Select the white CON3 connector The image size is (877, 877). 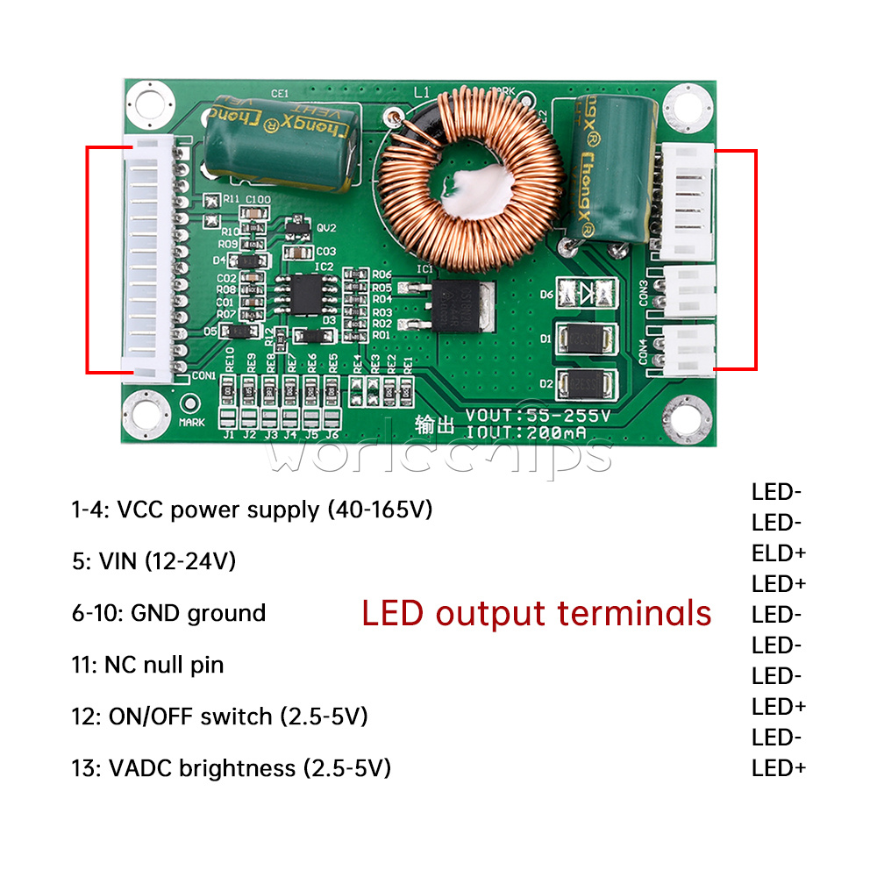tap(690, 289)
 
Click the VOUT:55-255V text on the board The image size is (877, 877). tap(538, 415)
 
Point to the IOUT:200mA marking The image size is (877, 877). tap(526, 431)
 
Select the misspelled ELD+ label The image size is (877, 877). tap(778, 553)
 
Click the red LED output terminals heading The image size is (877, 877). tap(537, 613)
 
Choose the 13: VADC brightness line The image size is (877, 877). tap(231, 768)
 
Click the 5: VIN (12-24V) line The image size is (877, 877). tap(153, 560)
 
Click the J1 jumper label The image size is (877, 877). tap(228, 434)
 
